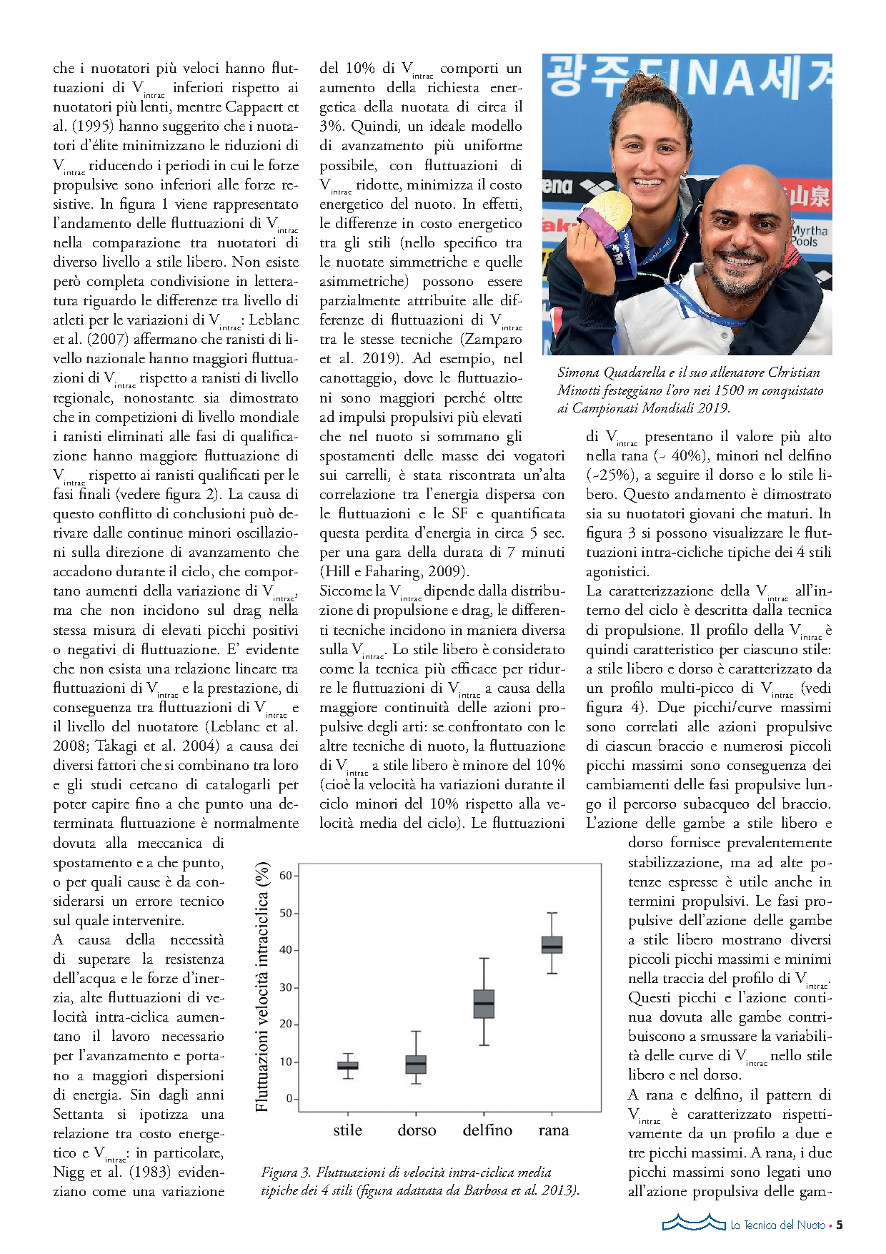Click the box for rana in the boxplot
pyautogui.click(x=552, y=944)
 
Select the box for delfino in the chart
pyautogui.click(x=484, y=1004)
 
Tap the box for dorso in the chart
pyautogui.click(x=416, y=1064)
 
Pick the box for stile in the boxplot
pyautogui.click(x=348, y=1065)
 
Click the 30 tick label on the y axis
pyautogui.click(x=286, y=987)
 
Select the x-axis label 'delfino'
pyautogui.click(x=487, y=1130)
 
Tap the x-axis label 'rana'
pyautogui.click(x=554, y=1130)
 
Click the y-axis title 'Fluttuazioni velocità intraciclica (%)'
pyautogui.click(x=262, y=987)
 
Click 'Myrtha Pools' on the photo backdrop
pyautogui.click(x=810, y=236)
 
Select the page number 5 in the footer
pyautogui.click(x=840, y=1225)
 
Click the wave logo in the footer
pyautogui.click(x=693, y=1223)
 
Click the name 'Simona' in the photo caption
pyautogui.click(x=579, y=372)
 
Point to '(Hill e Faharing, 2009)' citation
pyautogui.click(x=394, y=571)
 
